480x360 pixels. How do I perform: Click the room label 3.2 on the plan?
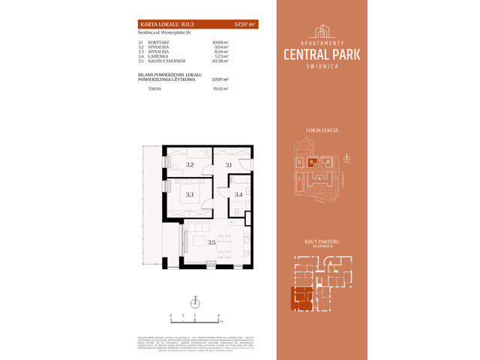click(190, 164)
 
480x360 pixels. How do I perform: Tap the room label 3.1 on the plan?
click(229, 164)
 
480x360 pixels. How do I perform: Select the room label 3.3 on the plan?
click(190, 194)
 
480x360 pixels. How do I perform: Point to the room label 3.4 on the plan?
click(238, 195)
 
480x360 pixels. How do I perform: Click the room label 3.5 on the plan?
click(211, 242)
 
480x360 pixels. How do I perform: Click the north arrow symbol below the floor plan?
click(194, 303)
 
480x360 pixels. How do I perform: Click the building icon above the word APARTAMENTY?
click(321, 31)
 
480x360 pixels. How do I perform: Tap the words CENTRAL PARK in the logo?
click(321, 55)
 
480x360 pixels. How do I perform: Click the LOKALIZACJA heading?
click(322, 130)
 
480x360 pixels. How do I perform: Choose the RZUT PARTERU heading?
click(322, 240)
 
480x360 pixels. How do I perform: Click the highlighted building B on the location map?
click(312, 161)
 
